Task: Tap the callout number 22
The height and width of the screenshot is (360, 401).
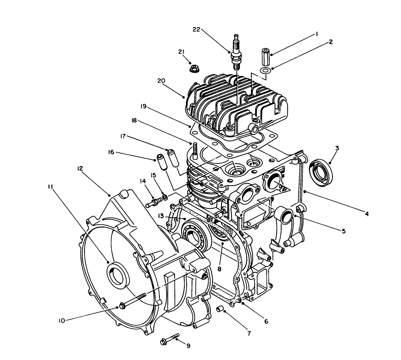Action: click(196, 30)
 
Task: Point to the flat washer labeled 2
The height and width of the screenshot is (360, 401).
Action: click(265, 70)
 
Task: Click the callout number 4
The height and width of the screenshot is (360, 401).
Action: click(367, 214)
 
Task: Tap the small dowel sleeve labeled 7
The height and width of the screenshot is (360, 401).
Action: click(220, 309)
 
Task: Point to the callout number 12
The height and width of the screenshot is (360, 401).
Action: click(80, 168)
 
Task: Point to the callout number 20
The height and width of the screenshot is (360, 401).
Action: click(171, 81)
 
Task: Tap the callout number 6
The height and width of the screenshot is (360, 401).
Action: click(266, 321)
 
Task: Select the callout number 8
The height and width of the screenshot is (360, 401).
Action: click(219, 268)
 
